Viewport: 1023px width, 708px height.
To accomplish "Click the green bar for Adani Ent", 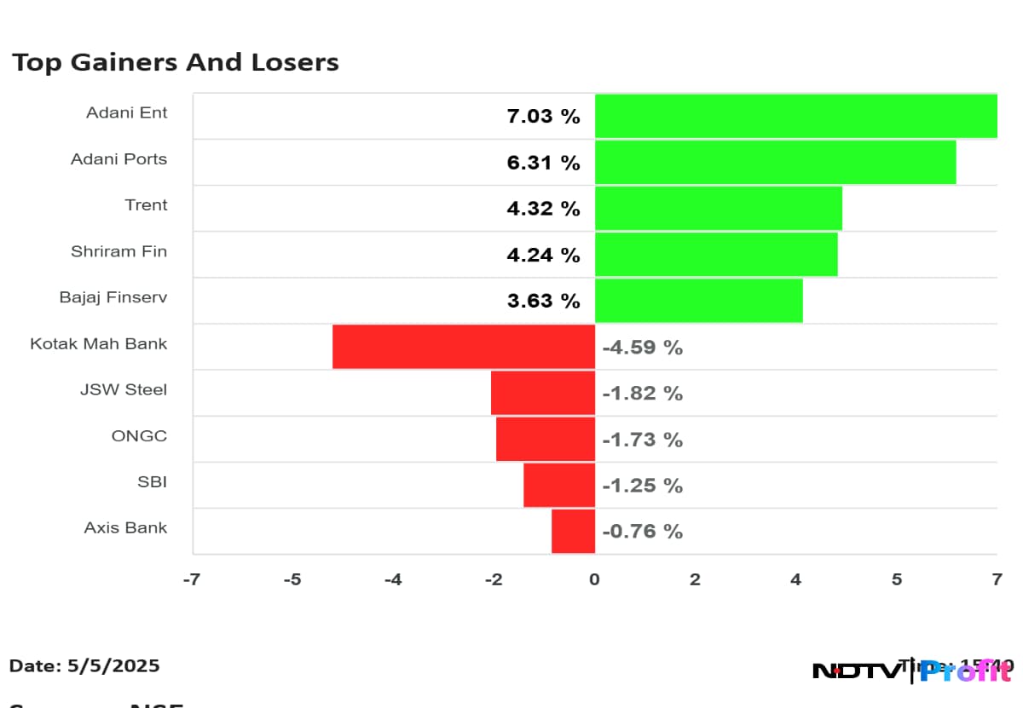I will (795, 116).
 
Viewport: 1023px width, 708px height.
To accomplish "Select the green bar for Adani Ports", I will (775, 162).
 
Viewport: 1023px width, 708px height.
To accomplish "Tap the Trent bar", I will (718, 208).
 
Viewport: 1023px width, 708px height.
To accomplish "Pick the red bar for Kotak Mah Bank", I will (463, 346).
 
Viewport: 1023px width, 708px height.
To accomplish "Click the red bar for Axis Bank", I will (573, 531).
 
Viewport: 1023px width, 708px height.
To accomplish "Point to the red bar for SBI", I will (558, 485).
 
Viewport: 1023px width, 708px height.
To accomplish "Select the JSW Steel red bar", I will (542, 393).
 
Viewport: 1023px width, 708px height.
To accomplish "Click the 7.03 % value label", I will (543, 116).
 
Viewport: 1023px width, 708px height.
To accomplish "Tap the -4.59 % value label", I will (642, 348).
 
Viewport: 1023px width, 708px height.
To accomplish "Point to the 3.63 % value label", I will (543, 301).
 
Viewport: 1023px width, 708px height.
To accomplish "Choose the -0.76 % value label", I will (642, 532).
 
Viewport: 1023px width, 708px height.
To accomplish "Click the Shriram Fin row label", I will (118, 251).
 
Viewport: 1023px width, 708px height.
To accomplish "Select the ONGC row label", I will (139, 436).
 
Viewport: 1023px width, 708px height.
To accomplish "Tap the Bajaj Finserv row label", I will (113, 297).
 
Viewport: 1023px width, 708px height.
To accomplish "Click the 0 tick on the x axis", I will (594, 579).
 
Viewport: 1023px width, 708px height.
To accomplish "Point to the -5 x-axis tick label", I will (292, 579).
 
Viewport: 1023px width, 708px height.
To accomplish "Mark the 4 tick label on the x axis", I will (795, 579).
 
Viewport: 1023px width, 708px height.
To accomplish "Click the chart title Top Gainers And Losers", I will (175, 62).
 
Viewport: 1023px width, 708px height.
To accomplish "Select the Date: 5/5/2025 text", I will (84, 665).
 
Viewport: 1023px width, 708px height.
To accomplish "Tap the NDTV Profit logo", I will (912, 671).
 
